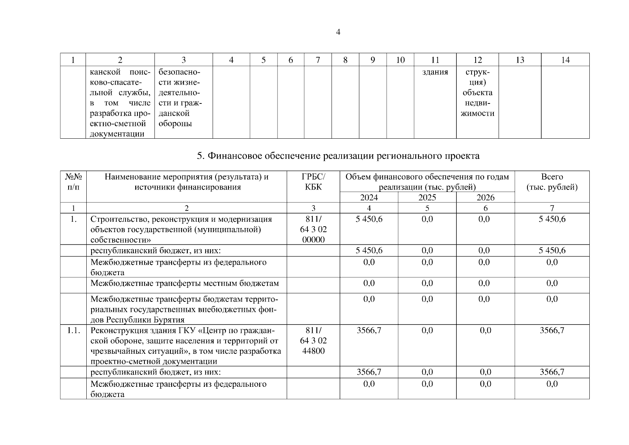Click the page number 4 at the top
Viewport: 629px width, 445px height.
[x=338, y=32]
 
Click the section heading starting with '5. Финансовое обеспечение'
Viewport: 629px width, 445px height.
[x=338, y=156]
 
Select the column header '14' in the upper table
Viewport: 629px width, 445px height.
[x=565, y=60]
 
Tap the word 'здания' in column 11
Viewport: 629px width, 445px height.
[x=435, y=72]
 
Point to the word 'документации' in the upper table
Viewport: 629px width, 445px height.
[x=117, y=134]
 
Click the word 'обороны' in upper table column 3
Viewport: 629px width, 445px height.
[x=175, y=124]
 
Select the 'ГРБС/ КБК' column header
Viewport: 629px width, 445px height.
[x=313, y=182]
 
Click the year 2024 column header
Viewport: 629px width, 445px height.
[x=369, y=198]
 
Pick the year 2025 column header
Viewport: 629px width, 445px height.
[x=427, y=198]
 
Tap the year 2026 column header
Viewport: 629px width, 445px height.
[x=485, y=198]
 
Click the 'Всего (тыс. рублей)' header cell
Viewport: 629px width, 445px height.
[x=552, y=182]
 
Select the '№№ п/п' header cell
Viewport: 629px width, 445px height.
[x=73, y=182]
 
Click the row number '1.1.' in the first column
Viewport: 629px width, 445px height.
[x=73, y=330]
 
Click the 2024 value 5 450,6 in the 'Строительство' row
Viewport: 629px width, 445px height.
[x=369, y=219]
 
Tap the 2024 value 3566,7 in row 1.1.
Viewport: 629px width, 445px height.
[x=369, y=330]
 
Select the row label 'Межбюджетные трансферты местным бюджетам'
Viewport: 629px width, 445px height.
[x=184, y=283]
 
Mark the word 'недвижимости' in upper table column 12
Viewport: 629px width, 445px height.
[x=477, y=108]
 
